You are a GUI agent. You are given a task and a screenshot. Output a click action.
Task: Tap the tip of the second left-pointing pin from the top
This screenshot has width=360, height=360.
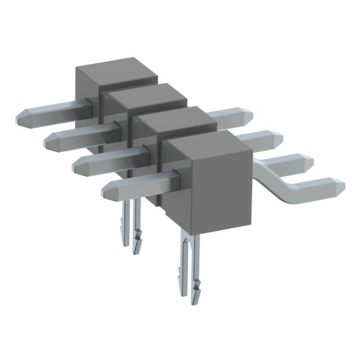48,141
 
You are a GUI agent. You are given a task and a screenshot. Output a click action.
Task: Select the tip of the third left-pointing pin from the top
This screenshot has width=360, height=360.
76,164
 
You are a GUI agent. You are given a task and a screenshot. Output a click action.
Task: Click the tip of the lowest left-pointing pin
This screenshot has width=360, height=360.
105,191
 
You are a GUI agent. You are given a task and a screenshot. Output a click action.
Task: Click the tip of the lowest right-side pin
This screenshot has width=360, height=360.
341,184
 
